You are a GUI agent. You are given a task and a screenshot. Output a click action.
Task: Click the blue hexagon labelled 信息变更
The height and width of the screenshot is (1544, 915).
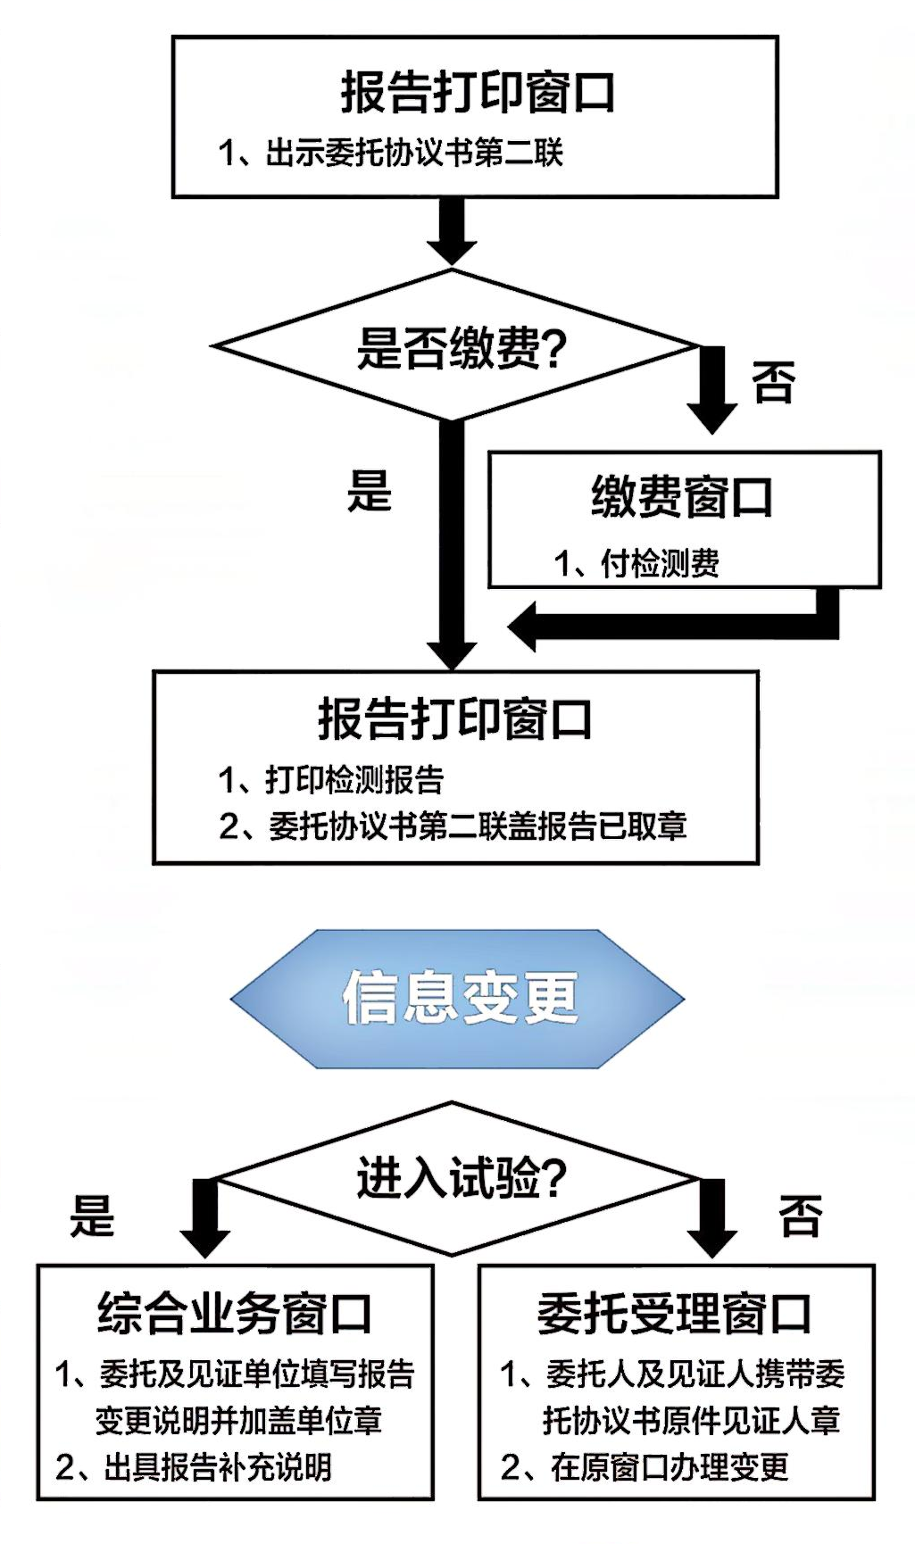[x=458, y=998]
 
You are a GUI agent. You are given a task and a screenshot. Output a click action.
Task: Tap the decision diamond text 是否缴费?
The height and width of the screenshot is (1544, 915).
[x=461, y=347]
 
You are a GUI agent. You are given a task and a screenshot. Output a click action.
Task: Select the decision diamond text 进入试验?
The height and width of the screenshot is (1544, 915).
[x=461, y=1178]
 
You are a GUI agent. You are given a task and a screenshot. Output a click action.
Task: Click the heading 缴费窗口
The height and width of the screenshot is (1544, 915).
[x=682, y=497]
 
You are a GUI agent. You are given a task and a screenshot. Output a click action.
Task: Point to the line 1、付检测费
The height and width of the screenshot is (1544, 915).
[x=636, y=563]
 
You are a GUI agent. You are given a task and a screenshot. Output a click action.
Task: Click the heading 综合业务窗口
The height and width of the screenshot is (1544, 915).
[x=235, y=1314]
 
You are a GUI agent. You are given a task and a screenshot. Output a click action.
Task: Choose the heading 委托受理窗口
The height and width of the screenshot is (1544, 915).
[x=675, y=1314]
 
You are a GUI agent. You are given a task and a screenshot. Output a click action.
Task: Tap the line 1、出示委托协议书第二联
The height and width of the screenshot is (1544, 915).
[x=391, y=153]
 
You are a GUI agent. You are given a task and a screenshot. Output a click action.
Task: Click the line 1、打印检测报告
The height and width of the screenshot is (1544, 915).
[x=331, y=779]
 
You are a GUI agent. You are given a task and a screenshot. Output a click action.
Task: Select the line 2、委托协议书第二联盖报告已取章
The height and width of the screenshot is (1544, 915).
[x=453, y=826]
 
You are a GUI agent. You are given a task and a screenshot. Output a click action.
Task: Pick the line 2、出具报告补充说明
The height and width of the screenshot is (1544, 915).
[x=194, y=1466]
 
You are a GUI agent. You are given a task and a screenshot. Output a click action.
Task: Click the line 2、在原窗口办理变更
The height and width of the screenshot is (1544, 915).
[x=645, y=1466]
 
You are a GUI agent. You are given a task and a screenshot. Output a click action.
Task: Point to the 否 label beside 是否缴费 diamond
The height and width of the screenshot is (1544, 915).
[x=773, y=382]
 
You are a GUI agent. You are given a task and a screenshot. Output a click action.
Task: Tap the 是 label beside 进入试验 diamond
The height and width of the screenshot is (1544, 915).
[x=93, y=1215]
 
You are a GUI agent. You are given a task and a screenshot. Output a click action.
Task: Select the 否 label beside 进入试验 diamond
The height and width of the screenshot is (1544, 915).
[x=800, y=1215]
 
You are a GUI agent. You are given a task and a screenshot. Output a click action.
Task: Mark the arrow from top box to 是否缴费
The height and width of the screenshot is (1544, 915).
[x=452, y=232]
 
